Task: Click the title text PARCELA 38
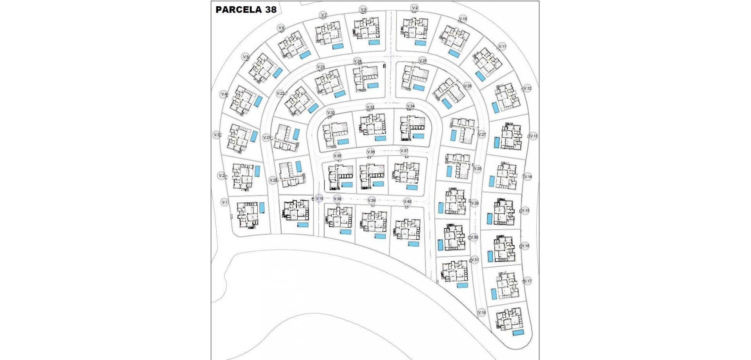[246, 10]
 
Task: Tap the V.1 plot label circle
[225, 202]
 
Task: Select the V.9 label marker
[415, 8]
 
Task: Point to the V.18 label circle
[482, 313]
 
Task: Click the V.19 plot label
[319, 199]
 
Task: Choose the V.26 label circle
[467, 86]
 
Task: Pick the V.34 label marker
[410, 106]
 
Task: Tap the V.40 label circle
[407, 202]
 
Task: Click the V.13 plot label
[534, 136]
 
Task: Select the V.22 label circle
[280, 94]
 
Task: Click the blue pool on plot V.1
[262, 207]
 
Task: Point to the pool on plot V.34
[418, 136]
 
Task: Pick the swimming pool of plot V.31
[462, 285]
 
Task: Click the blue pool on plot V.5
[277, 73]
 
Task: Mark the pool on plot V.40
[413, 244]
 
